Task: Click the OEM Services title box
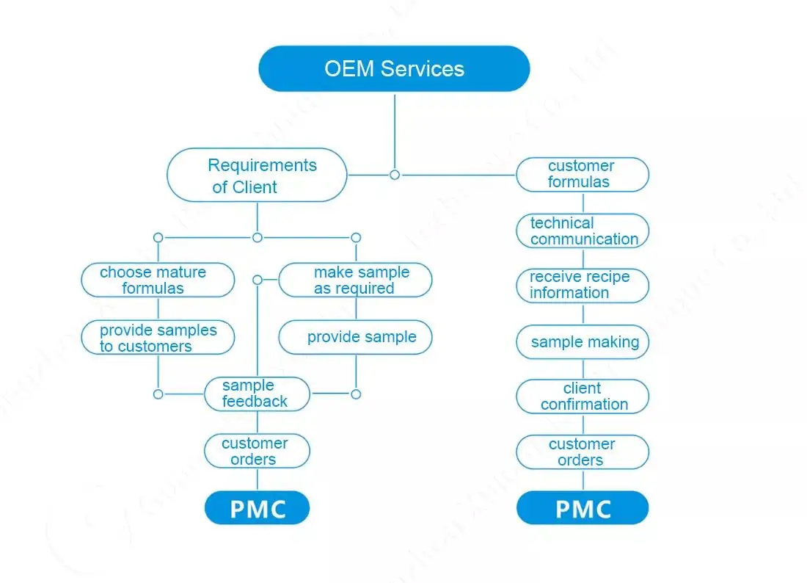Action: [394, 69]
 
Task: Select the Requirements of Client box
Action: [257, 175]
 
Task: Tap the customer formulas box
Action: [583, 175]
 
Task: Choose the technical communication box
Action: [583, 231]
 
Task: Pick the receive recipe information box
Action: [583, 286]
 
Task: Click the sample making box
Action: [583, 342]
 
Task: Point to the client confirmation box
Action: [583, 396]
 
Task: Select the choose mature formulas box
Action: [157, 280]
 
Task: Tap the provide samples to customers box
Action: [157, 338]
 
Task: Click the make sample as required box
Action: [356, 280]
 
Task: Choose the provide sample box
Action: [356, 337]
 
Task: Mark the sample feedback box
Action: [257, 394]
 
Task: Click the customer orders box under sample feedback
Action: [257, 451]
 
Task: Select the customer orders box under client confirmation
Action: [583, 452]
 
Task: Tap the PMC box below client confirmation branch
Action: [583, 508]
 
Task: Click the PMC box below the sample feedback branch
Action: [257, 508]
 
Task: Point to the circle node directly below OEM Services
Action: [395, 175]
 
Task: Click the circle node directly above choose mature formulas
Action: [158, 237]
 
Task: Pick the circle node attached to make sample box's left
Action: [258, 280]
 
